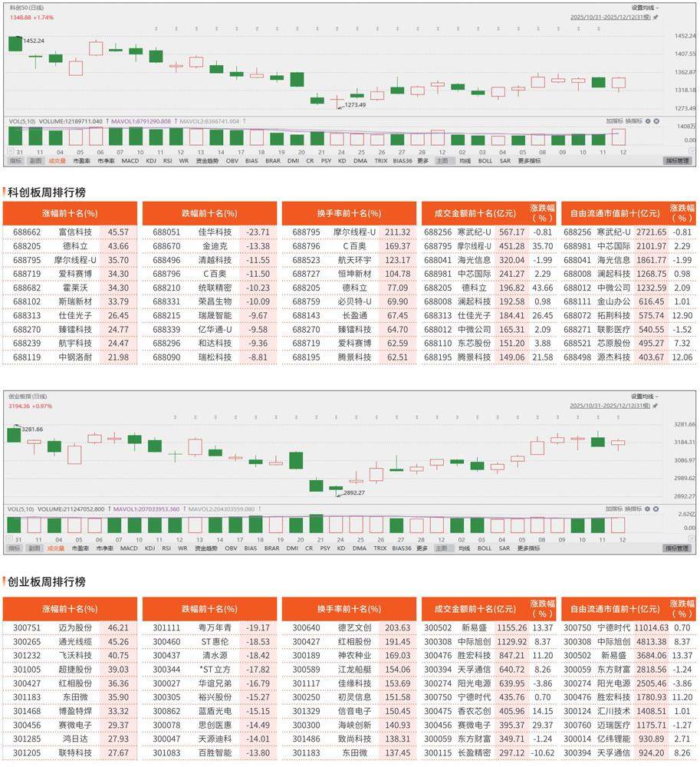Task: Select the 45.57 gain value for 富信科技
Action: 118,232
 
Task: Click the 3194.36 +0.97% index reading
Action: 31,405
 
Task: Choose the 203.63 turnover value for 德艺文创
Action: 397,627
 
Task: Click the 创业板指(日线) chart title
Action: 28,396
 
